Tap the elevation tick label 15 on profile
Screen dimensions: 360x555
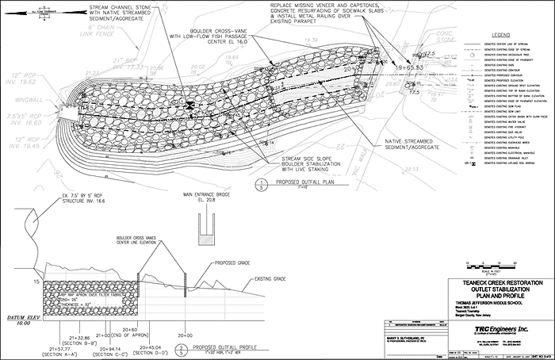pos(35,281)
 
